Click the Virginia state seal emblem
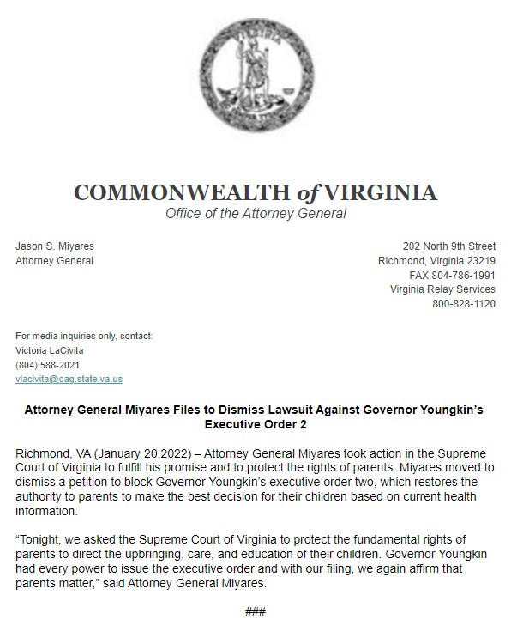[255, 83]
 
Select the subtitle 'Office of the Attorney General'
[255, 213]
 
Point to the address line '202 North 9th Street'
[449, 246]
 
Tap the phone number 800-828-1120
[463, 304]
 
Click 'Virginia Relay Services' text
[442, 289]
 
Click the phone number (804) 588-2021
[47, 364]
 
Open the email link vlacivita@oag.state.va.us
[69, 379]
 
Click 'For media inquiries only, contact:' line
[84, 335]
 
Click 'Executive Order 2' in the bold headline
[255, 424]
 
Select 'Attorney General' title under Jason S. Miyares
[54, 261]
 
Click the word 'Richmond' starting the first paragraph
[40, 452]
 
